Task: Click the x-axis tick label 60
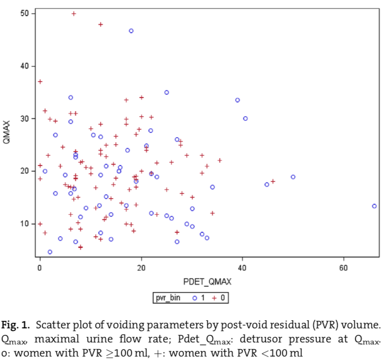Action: (x=343, y=267)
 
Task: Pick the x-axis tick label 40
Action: (x=242, y=267)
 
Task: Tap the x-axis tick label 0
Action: (x=40, y=267)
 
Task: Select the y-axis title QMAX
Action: (x=7, y=134)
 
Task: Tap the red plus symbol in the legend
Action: (x=214, y=298)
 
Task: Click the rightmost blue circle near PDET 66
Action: (x=374, y=206)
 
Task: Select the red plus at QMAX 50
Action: (x=73, y=14)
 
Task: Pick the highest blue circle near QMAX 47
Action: (x=131, y=31)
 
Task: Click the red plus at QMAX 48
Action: (x=101, y=24)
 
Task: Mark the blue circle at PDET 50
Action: (x=293, y=177)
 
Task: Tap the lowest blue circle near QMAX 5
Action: (x=50, y=252)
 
